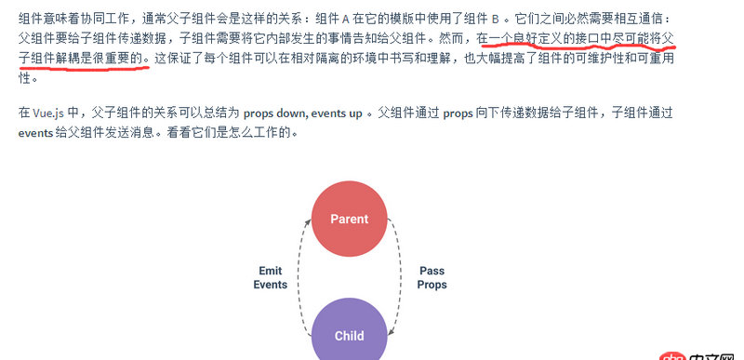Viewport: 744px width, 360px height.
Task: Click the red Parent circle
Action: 349,220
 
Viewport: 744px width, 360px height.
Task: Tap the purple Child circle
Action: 349,335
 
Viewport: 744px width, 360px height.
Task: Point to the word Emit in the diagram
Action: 271,271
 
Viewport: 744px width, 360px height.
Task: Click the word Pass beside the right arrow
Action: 432,271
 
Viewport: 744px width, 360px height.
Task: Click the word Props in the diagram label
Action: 432,285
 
